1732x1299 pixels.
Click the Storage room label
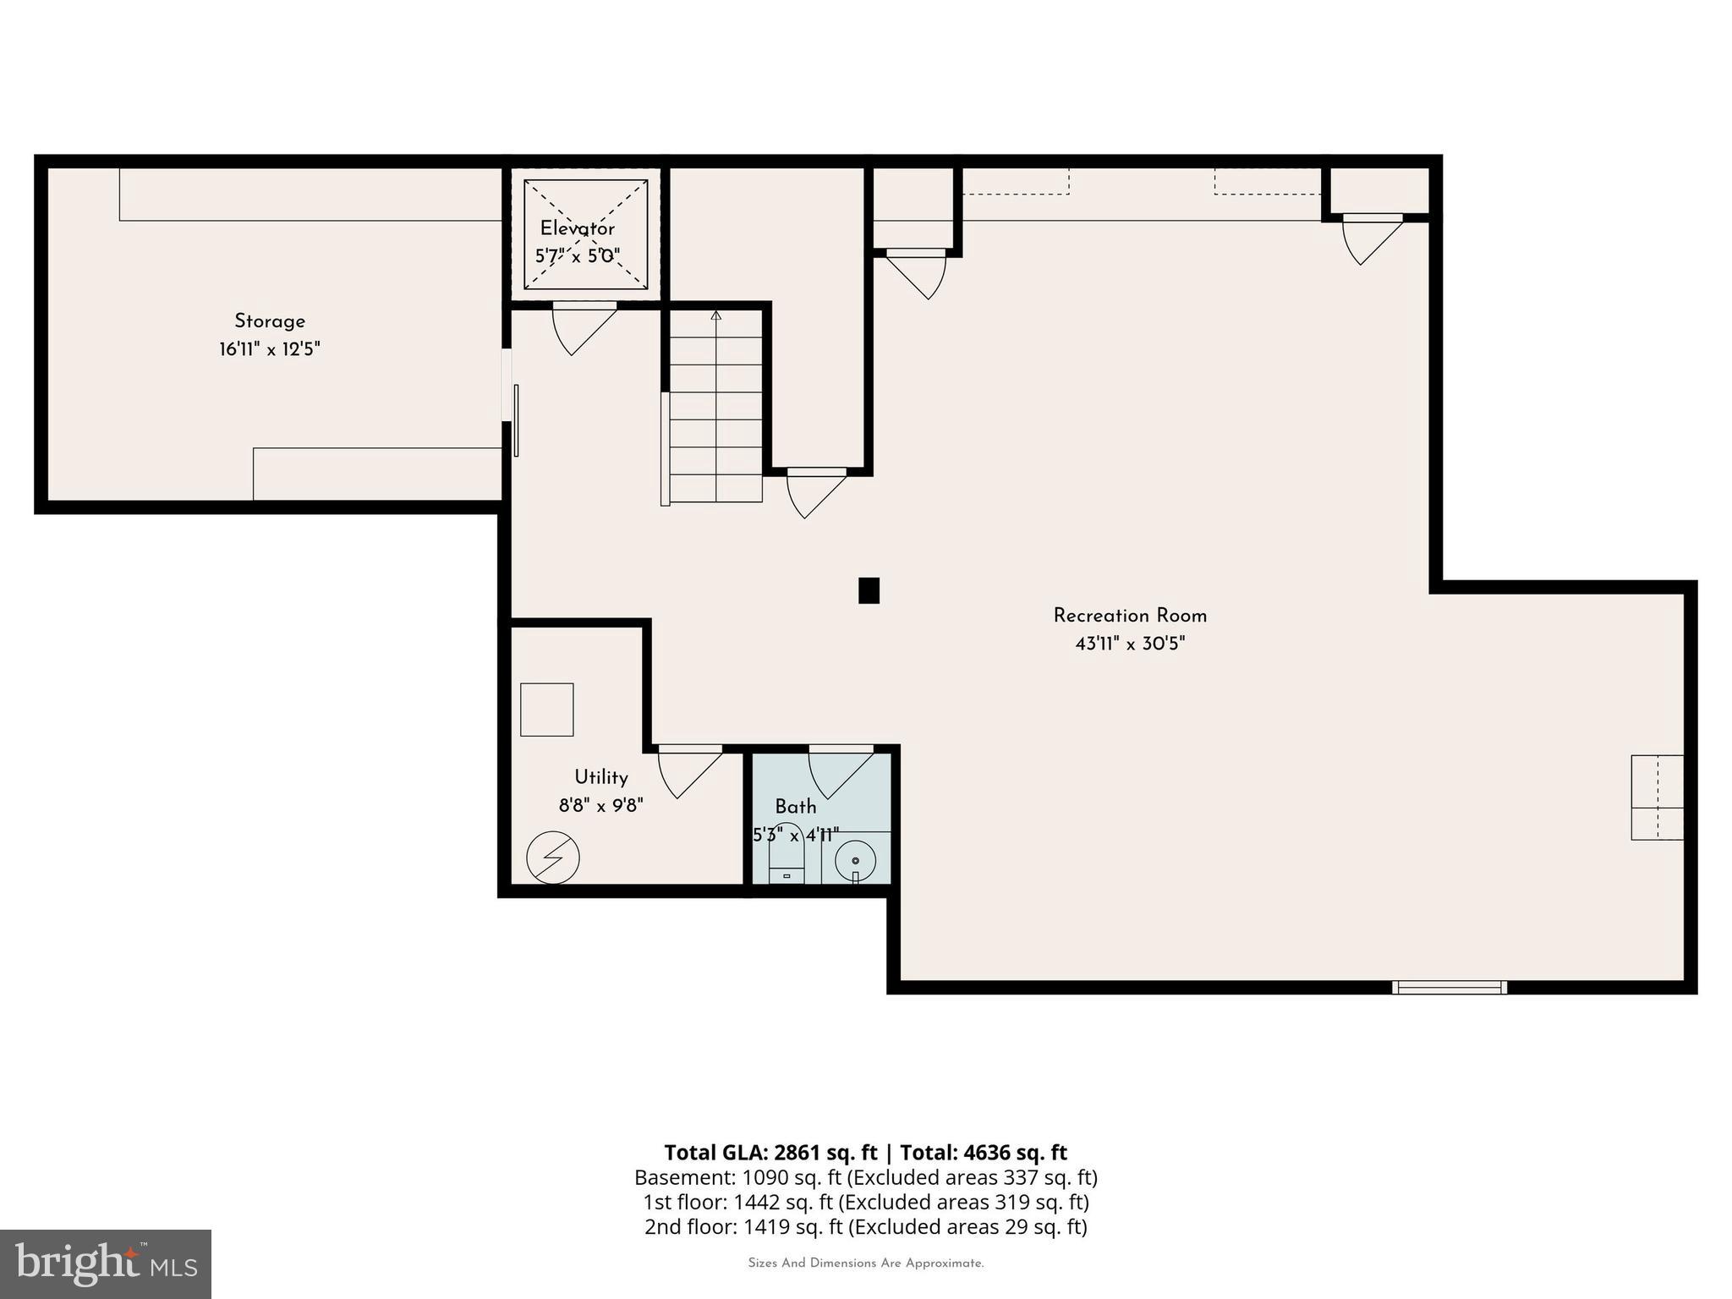[269, 321]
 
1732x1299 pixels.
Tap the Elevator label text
[577, 228]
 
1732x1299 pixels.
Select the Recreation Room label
[1129, 616]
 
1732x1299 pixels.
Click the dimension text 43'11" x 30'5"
[1129, 644]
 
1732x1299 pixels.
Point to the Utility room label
[600, 777]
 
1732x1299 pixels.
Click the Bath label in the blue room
[795, 807]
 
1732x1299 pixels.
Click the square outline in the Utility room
[546, 710]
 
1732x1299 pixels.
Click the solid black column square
[869, 590]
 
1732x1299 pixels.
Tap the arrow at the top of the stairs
[716, 316]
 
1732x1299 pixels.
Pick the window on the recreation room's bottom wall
[1449, 987]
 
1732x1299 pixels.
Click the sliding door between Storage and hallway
[515, 420]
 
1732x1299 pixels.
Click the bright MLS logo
[106, 1263]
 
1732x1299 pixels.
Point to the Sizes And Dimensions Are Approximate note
[865, 1263]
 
